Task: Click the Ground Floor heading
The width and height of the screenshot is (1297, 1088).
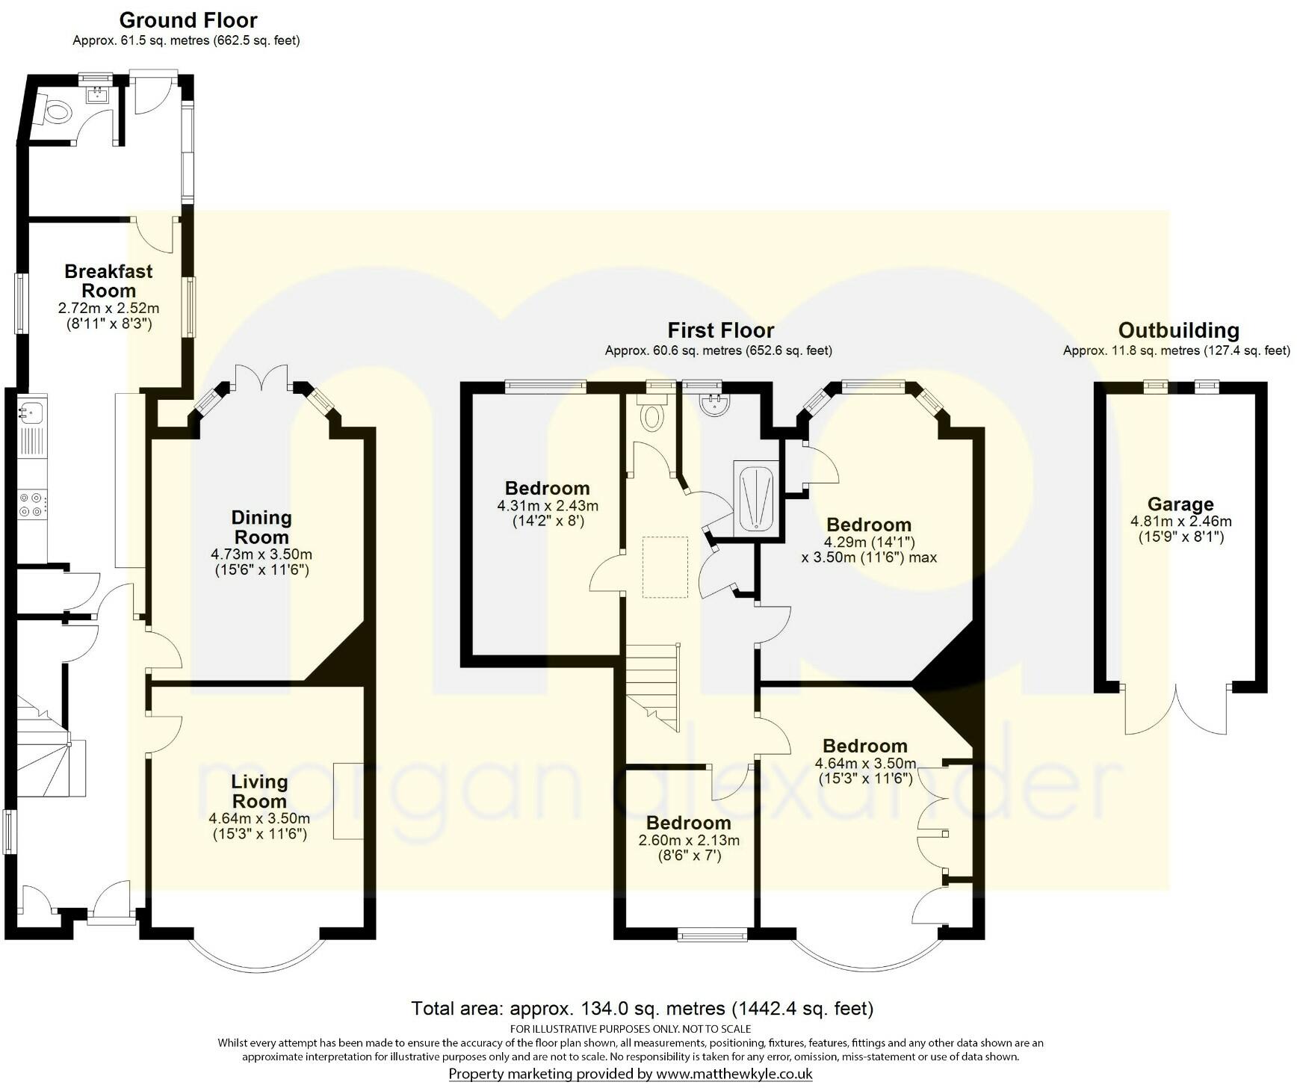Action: pyautogui.click(x=188, y=20)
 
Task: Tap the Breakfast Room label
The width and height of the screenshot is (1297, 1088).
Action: pyautogui.click(x=108, y=281)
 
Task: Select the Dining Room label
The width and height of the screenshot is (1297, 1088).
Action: pyautogui.click(x=261, y=527)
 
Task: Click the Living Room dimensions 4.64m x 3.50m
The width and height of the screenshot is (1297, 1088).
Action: pyautogui.click(x=259, y=819)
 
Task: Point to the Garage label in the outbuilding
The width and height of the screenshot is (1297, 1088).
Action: pyautogui.click(x=1180, y=504)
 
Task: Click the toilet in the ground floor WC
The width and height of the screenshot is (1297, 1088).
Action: pyautogui.click(x=57, y=113)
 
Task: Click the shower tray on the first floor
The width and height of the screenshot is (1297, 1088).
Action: pyautogui.click(x=756, y=497)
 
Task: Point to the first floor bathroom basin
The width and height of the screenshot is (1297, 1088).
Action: pyautogui.click(x=713, y=404)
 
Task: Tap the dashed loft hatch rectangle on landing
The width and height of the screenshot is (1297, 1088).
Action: pyautogui.click(x=665, y=567)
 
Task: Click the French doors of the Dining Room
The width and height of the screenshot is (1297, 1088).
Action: pyautogui.click(x=261, y=377)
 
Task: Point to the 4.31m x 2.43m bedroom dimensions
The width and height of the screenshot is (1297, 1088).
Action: pyautogui.click(x=548, y=506)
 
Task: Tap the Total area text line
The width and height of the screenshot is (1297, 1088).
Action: pyautogui.click(x=643, y=1009)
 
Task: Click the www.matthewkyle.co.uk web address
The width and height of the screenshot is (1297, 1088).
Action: pyautogui.click(x=734, y=1075)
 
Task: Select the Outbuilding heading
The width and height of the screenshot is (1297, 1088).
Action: pyautogui.click(x=1178, y=330)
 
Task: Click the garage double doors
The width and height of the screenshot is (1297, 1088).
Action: pyautogui.click(x=1176, y=710)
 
